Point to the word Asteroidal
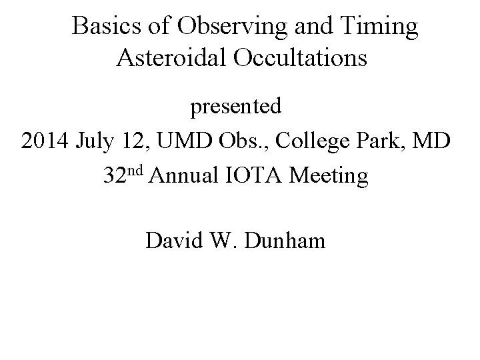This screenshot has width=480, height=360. click(x=173, y=58)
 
